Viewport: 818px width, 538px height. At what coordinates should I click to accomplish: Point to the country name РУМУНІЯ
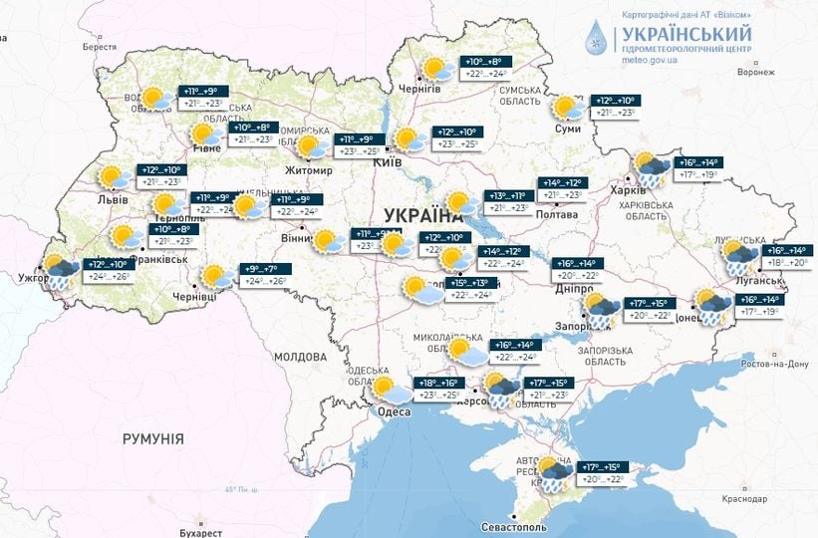[x=152, y=438]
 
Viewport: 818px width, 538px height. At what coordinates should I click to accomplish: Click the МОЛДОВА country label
[x=300, y=357]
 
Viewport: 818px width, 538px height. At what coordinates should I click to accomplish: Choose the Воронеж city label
[x=755, y=72]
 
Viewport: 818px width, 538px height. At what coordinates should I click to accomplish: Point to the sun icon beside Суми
[x=569, y=108]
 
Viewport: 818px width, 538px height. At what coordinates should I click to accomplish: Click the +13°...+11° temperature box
[x=509, y=196]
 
